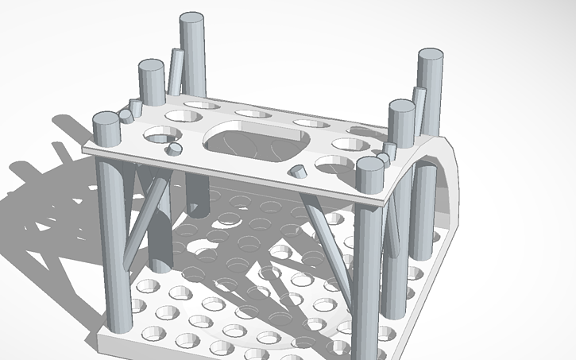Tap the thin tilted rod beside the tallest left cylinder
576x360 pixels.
pyautogui.click(x=175, y=72)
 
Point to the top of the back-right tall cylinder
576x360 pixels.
pyautogui.click(x=430, y=54)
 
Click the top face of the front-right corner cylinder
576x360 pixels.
pyautogui.click(x=369, y=164)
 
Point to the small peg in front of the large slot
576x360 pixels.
pyautogui.click(x=297, y=169)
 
